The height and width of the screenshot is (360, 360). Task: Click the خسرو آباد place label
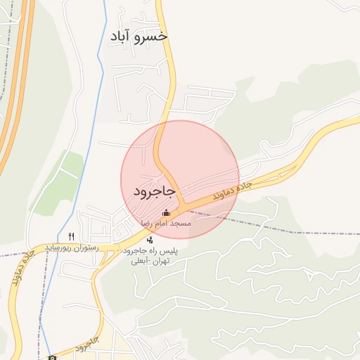(139, 36)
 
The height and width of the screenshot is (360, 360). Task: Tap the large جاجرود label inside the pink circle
(154, 191)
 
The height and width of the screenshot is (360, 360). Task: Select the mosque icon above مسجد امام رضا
(166, 212)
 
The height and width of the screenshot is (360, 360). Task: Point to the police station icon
(150, 240)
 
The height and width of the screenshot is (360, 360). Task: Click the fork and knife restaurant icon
(71, 236)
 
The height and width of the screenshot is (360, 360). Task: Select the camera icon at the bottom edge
(52, 356)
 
